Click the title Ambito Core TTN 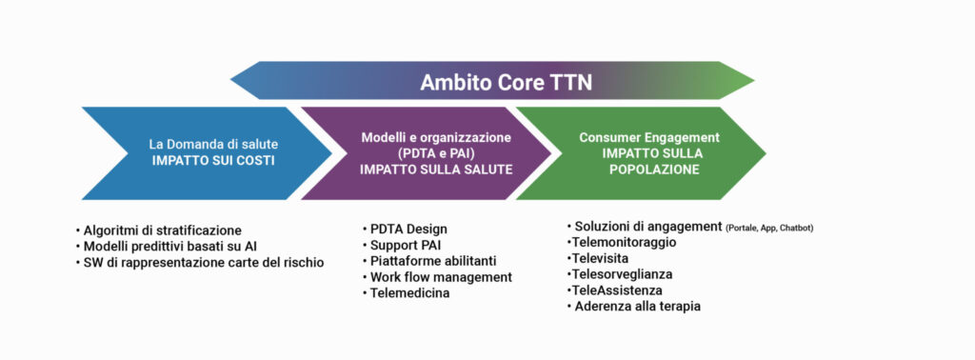point(507,82)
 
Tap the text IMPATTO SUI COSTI point(214,160)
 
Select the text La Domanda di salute point(214,144)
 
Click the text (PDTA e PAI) point(436,153)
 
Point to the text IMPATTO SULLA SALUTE point(436,170)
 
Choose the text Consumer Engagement point(649,137)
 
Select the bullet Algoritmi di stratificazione point(159,230)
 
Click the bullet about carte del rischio point(200,263)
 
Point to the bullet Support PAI point(402,245)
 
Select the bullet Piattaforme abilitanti point(429,261)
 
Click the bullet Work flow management point(437,277)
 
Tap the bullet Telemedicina point(406,292)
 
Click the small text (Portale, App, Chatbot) point(769,229)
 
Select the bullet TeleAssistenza point(614,290)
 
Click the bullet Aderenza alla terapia point(633,307)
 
